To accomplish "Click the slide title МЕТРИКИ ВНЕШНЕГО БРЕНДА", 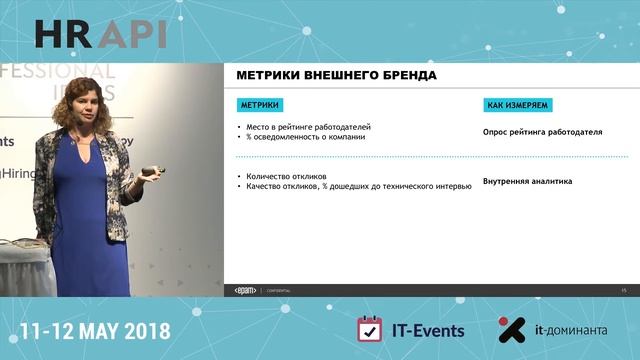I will (x=336, y=76).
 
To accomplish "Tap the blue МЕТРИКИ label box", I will (x=259, y=104).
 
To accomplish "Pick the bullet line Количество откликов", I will (x=280, y=177).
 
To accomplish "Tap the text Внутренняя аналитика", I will (x=527, y=182).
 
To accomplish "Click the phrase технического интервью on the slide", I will (x=434, y=186).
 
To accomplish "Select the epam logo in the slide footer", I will (x=245, y=289).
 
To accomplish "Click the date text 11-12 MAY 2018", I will (x=95, y=330).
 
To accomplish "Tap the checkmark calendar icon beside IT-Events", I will (x=370, y=330).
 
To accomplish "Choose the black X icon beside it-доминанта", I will (x=512, y=330).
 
